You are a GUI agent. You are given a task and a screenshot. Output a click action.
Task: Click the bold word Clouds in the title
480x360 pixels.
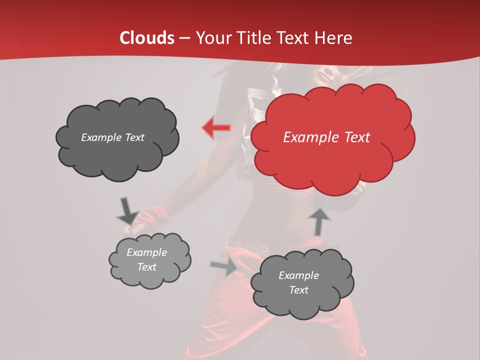tap(147, 38)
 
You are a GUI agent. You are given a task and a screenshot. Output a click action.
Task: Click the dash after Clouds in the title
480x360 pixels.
tap(184, 38)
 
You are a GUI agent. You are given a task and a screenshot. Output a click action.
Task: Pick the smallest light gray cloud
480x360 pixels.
tap(149, 260)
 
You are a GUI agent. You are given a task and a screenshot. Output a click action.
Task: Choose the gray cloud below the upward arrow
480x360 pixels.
tap(302, 283)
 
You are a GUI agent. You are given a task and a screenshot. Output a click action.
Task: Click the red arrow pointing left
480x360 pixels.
tap(215, 128)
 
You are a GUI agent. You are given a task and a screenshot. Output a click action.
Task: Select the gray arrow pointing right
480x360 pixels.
tap(224, 266)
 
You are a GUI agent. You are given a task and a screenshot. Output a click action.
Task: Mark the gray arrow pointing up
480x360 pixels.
tap(320, 221)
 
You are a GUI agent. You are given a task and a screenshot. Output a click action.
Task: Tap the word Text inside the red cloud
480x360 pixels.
tap(356, 137)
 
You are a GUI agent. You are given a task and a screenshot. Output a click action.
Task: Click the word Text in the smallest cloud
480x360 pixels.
tap(146, 267)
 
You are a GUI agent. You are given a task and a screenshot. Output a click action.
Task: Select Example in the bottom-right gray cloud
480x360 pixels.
tap(298, 275)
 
